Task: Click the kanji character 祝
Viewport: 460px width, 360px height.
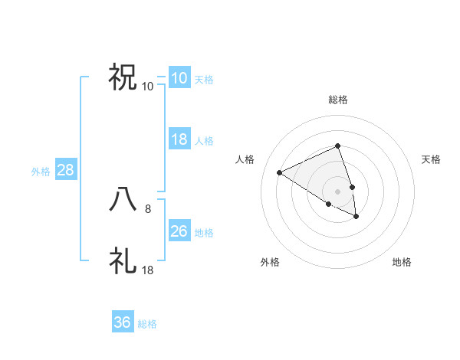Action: (123, 77)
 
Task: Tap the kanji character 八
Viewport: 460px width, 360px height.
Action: (123, 199)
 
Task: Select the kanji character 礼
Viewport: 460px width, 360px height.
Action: (123, 260)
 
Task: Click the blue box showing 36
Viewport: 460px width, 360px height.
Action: (123, 322)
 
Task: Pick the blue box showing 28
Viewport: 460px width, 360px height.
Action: (65, 170)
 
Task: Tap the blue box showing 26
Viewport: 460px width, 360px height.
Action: (179, 231)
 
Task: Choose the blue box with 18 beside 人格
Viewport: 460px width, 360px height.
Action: (179, 139)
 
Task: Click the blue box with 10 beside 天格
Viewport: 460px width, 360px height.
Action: (179, 77)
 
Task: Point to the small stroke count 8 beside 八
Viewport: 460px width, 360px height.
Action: (148, 208)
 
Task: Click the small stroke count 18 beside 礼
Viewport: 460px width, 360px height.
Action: (148, 270)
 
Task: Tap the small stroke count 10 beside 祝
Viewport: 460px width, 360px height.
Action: (148, 86)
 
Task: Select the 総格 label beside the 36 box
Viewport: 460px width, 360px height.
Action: (147, 324)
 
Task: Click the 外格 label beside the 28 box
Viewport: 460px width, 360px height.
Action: (41, 172)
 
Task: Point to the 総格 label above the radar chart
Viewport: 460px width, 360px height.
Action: (337, 100)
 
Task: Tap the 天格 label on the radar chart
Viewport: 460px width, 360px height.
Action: (431, 159)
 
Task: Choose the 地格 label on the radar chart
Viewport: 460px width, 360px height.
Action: (402, 262)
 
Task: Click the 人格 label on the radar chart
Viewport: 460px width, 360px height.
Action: (245, 159)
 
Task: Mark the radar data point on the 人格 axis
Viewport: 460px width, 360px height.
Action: (280, 172)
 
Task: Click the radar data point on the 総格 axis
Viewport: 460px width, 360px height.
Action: (337, 146)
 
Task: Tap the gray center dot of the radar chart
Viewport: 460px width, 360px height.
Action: (337, 191)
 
